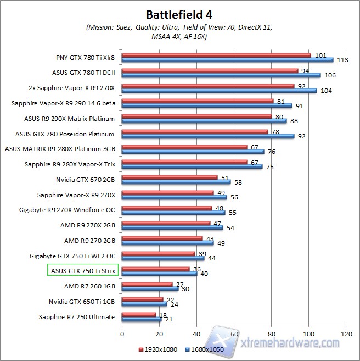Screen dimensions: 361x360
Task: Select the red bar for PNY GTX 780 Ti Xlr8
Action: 216,55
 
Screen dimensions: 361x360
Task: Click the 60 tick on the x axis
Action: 234,334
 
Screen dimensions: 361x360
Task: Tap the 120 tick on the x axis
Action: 346,334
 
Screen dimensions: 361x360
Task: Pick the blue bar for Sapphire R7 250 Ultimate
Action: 142,319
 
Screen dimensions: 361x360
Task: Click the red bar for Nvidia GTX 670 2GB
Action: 170,177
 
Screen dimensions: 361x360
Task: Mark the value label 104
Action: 327,91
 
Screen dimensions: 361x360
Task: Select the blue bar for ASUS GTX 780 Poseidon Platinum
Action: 208,136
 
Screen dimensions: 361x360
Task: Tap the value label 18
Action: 163,314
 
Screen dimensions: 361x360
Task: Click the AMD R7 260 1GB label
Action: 89,286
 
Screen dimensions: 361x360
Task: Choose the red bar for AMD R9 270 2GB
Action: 162,238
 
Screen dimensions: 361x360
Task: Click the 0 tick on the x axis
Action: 122,334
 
